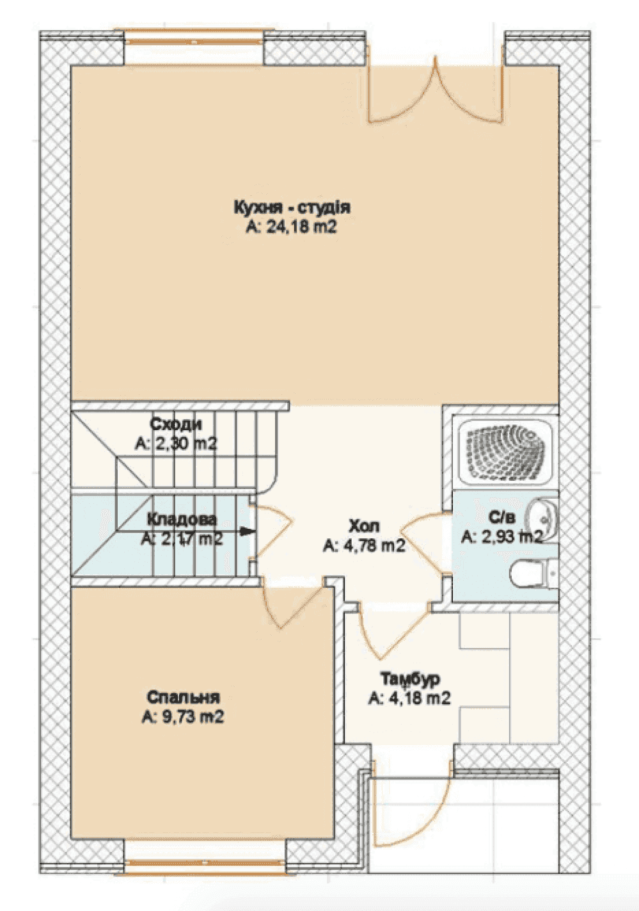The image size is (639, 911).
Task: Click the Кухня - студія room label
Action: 292,208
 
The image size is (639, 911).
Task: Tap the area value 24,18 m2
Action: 292,227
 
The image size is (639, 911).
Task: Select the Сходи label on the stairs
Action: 175,424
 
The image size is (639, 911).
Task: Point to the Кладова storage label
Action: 182,520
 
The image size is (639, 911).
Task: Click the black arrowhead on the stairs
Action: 248,531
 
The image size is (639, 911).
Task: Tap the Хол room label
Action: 365,526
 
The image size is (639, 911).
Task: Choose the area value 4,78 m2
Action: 365,545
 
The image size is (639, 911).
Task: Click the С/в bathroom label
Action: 502,518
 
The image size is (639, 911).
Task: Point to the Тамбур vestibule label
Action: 410,679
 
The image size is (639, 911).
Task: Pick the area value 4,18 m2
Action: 410,698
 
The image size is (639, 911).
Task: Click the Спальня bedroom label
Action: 183,697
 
